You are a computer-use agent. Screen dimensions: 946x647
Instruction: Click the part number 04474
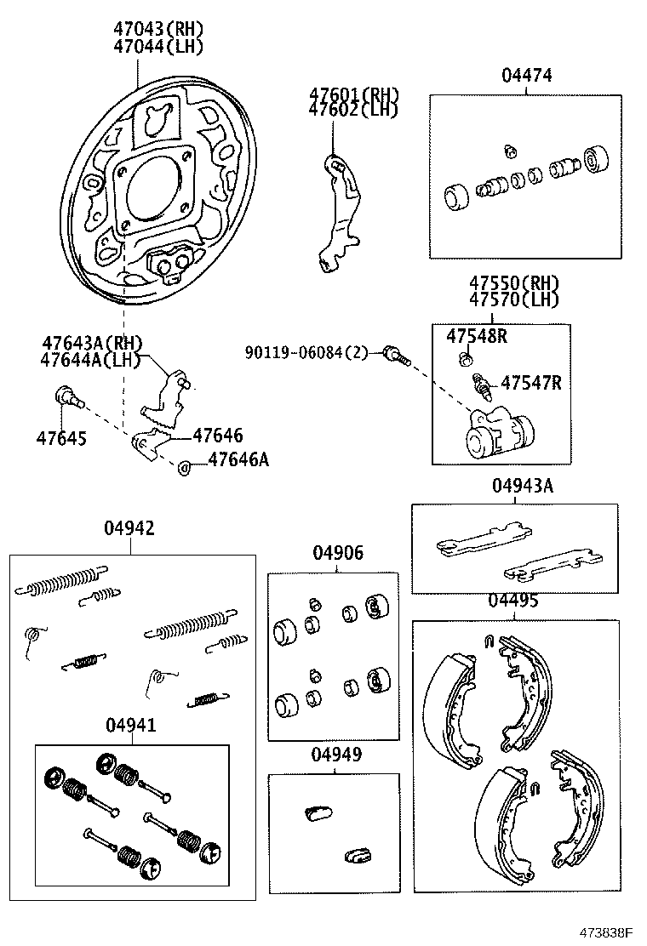point(526,76)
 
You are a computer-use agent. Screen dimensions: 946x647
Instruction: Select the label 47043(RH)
point(159,29)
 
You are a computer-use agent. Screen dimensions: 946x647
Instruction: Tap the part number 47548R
point(477,336)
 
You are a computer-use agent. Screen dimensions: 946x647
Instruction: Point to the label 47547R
point(530,383)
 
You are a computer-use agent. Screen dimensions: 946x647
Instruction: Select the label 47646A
point(238,460)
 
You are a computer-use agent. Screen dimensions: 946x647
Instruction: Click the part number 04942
point(129,528)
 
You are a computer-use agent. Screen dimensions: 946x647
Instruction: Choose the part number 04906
point(337,553)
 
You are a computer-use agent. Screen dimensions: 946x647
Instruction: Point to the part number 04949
point(335,754)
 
